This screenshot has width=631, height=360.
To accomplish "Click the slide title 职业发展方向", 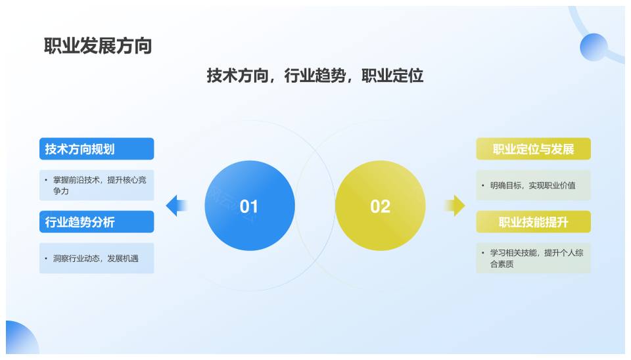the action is click(98, 46).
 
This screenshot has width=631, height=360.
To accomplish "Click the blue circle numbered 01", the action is click(250, 206).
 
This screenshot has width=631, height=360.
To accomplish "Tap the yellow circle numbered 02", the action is click(381, 206).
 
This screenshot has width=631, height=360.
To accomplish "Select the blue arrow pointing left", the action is click(177, 206).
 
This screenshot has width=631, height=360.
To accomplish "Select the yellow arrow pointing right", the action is click(454, 206).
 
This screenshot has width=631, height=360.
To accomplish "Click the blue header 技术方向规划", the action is click(97, 149).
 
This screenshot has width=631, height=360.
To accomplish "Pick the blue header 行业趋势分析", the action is click(97, 221).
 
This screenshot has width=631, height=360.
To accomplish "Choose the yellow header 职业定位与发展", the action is click(533, 149).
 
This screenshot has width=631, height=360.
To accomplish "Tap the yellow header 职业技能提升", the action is click(533, 221).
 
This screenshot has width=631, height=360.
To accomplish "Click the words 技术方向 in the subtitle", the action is click(237, 76).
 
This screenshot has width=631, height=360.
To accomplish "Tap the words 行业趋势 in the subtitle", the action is click(315, 76).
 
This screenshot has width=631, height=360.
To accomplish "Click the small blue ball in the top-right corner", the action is click(594, 47).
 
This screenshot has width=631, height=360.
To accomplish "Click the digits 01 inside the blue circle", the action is click(248, 206).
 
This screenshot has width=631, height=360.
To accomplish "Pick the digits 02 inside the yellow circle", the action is click(381, 206).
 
